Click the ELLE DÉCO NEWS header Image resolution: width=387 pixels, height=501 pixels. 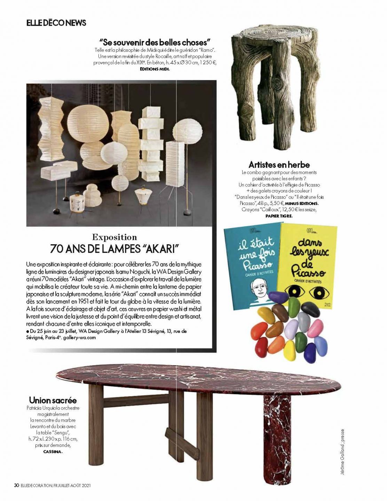coord(56,23)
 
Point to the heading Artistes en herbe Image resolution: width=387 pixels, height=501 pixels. coord(279,165)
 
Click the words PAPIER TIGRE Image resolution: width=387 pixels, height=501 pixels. coord(279,216)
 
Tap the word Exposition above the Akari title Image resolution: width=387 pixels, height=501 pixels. coord(114,237)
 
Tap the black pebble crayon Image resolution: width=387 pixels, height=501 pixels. coord(310,309)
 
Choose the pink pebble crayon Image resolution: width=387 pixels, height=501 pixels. coord(316,328)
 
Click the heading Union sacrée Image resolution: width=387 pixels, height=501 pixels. coord(53,400)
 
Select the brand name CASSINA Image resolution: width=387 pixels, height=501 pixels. coord(53,452)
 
